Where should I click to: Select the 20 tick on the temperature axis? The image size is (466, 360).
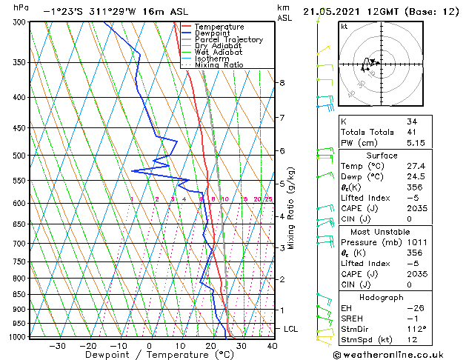click(210, 345)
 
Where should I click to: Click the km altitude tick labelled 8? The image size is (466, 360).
click(282, 83)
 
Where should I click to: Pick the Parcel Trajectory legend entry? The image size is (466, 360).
click(228, 39)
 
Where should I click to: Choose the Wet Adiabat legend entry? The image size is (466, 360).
click(219, 52)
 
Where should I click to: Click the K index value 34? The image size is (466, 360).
click(412, 121)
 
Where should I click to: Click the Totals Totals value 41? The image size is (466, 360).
click(412, 132)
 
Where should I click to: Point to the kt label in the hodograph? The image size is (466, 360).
click(344, 26)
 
